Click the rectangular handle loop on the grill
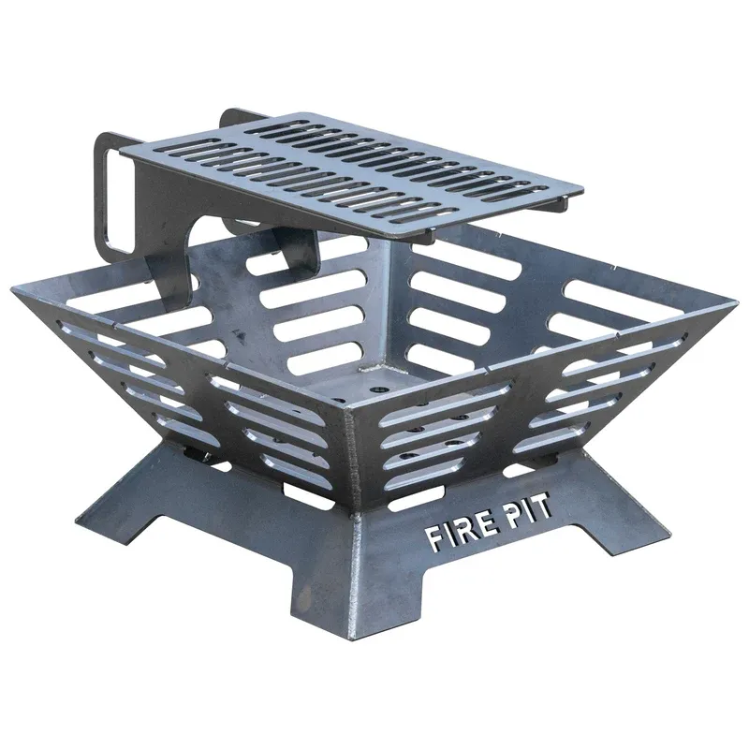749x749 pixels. tap(113, 192)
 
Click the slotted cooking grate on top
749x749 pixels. tap(337, 173)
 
